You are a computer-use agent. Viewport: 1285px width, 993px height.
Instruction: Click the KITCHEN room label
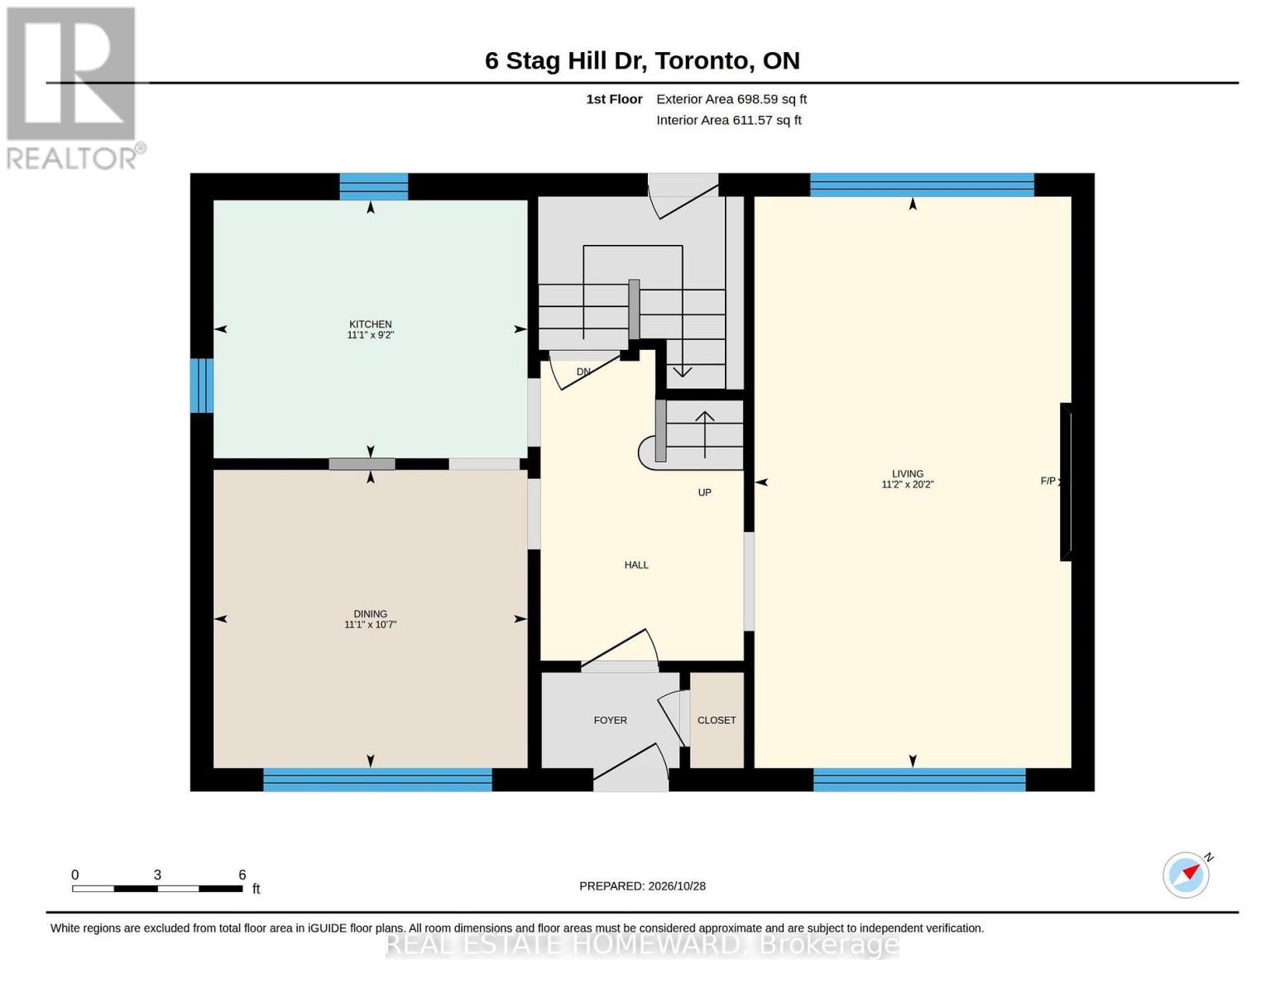coord(370,324)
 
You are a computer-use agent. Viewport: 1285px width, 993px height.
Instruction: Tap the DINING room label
coord(370,614)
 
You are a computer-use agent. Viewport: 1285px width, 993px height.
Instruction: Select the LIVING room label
coord(907,473)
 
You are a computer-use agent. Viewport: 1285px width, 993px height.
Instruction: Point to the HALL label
coord(636,565)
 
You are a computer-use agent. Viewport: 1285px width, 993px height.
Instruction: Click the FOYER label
coord(611,720)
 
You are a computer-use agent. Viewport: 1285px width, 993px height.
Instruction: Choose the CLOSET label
coord(717,720)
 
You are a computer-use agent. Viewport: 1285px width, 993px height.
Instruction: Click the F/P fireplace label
coord(1048,481)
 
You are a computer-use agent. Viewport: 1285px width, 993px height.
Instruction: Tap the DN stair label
coord(583,372)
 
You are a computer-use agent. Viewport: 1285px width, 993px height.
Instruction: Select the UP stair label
coord(704,492)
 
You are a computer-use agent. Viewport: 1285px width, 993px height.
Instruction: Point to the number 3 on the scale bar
coord(157,874)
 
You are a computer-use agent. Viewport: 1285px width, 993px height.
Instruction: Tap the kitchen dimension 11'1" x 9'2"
coord(370,335)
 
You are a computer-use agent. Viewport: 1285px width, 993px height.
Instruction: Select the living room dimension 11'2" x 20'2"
coord(907,484)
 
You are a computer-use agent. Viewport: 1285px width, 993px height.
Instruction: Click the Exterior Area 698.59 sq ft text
coord(731,99)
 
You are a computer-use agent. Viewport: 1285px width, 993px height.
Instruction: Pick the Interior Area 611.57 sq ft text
coord(728,120)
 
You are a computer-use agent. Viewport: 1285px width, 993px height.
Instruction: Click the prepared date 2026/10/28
coord(677,886)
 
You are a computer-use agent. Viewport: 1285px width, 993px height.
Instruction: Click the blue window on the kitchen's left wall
coord(202,385)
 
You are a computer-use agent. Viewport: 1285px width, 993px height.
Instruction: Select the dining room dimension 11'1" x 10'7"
coord(370,625)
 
